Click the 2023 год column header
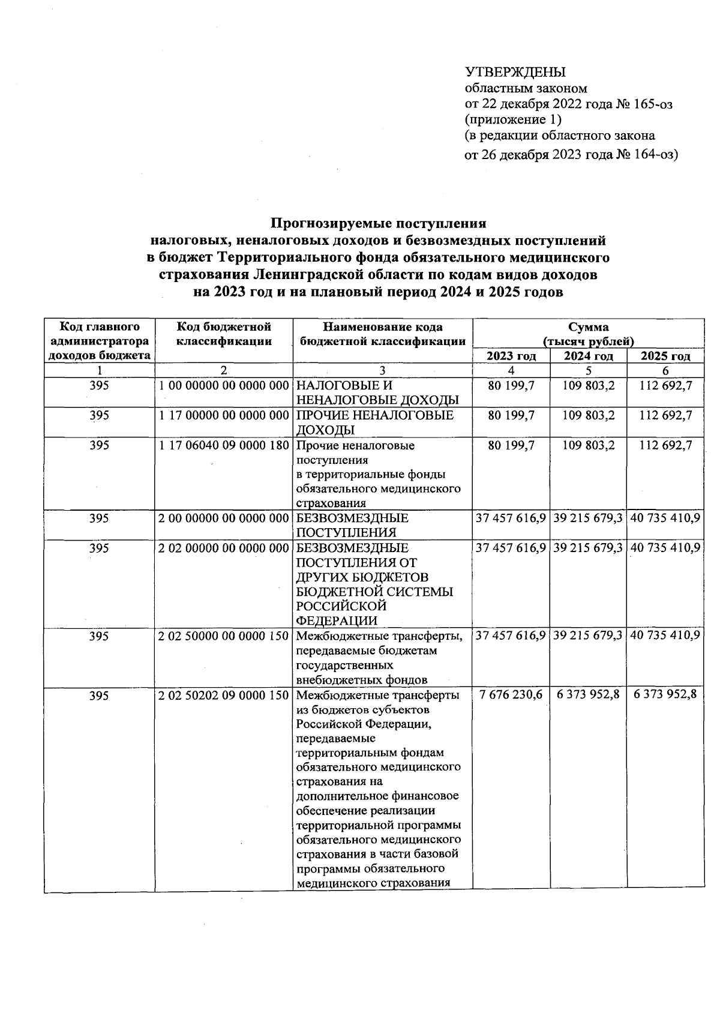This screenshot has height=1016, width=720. pyautogui.click(x=511, y=356)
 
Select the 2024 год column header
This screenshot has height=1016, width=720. pyautogui.click(x=589, y=356)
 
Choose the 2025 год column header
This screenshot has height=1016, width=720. pyautogui.click(x=665, y=356)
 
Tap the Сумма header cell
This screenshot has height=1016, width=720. pyautogui.click(x=589, y=327)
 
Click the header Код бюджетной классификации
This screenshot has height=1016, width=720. pyautogui.click(x=224, y=334)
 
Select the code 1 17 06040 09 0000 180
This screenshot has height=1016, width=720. pyautogui.click(x=224, y=446)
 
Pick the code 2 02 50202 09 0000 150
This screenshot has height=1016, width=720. pyautogui.click(x=224, y=696)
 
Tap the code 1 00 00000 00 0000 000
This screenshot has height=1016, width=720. pyautogui.click(x=224, y=386)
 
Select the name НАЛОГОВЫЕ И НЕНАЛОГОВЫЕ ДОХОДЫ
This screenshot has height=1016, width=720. pyautogui.click(x=378, y=393)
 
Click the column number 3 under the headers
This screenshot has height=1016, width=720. pyautogui.click(x=382, y=371)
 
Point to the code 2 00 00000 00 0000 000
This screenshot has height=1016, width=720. pyautogui.click(x=224, y=518)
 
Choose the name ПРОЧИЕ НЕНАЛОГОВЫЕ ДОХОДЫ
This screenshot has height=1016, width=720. pyautogui.click(x=376, y=422)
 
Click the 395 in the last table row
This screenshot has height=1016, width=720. pyautogui.click(x=99, y=696)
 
